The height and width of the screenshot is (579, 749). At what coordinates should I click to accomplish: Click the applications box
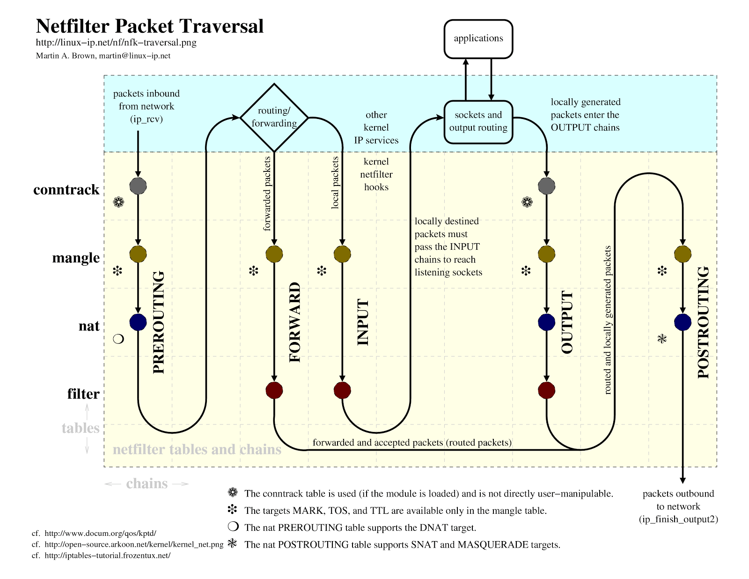point(478,39)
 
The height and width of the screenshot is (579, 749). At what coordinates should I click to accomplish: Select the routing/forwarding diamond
point(274,117)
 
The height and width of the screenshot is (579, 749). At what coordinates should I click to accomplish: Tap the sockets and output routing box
point(478,122)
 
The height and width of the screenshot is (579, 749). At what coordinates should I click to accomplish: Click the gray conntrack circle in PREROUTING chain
point(138,186)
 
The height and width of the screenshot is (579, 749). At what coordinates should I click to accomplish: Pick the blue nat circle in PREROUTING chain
point(138,322)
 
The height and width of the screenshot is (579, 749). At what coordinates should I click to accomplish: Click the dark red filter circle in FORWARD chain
point(274,390)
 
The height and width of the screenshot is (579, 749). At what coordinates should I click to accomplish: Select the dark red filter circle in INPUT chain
point(342,390)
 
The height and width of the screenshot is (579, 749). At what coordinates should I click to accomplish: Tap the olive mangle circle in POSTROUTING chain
point(683,254)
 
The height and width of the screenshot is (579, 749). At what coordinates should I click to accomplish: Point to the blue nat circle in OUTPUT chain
point(546,322)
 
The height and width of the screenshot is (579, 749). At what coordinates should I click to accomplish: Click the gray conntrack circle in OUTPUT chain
point(546,186)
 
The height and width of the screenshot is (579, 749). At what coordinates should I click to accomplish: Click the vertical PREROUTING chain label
point(159,322)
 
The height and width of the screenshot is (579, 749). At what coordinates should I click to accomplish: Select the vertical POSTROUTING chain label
point(704,322)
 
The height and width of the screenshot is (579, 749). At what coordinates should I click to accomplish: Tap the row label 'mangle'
point(76,258)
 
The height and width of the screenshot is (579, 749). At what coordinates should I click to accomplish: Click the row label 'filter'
point(83,394)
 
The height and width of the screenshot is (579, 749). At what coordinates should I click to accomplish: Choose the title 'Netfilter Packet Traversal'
point(150,26)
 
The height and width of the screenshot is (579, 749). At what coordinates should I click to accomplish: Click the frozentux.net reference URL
point(107,556)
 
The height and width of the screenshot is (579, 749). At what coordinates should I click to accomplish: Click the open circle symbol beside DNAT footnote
point(233,527)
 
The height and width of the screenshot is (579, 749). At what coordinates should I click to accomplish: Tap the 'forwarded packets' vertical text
point(267,193)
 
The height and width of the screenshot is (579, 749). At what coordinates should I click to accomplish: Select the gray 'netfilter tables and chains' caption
point(197,450)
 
